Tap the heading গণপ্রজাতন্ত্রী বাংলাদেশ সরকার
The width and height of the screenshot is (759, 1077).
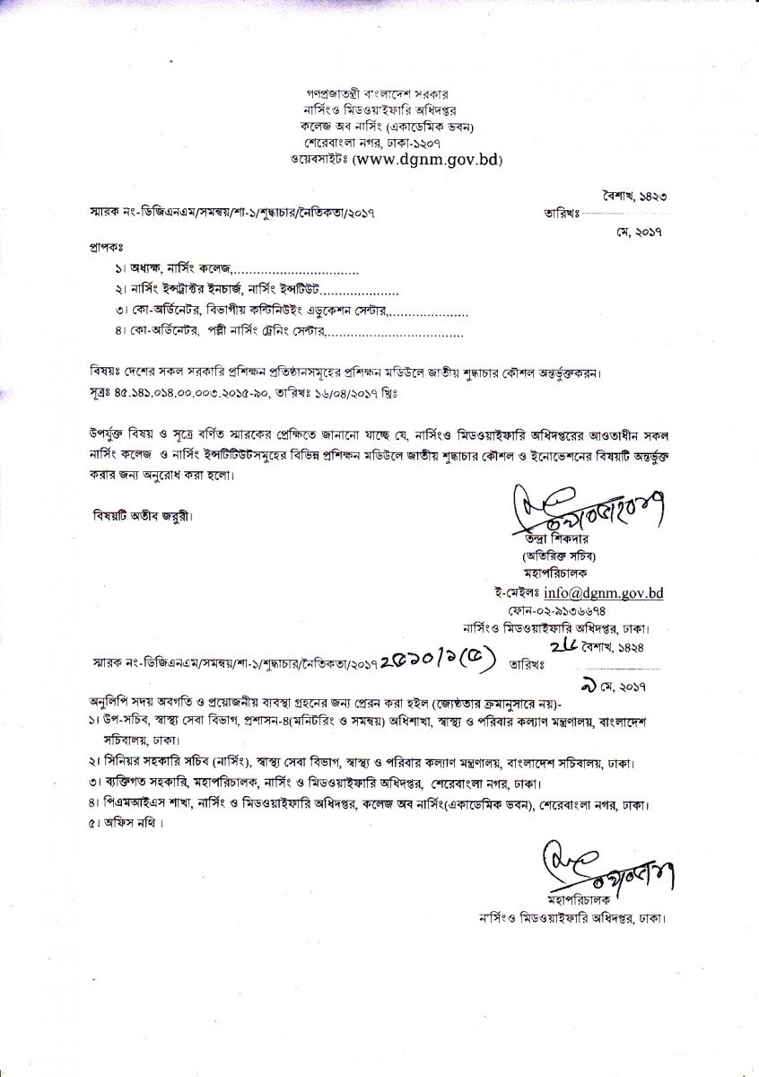pos(381,93)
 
